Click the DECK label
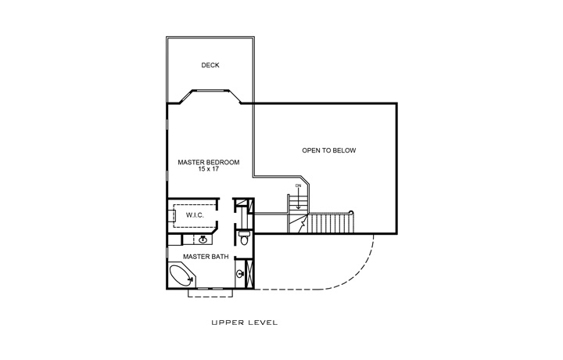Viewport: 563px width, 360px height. tap(210, 66)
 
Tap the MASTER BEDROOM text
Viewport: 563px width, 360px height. tap(208, 162)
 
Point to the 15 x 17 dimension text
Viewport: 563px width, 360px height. tap(208, 169)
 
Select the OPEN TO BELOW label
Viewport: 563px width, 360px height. tap(328, 150)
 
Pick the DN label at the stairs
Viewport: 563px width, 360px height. tap(298, 185)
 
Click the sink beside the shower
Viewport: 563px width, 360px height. tap(239, 273)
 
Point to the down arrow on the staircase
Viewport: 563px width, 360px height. tap(298, 197)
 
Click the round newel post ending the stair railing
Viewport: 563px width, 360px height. tap(352, 212)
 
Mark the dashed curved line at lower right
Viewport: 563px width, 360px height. tap(360, 270)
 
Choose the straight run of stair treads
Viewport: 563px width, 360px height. tap(329, 224)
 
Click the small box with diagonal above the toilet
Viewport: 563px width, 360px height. tap(242, 207)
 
